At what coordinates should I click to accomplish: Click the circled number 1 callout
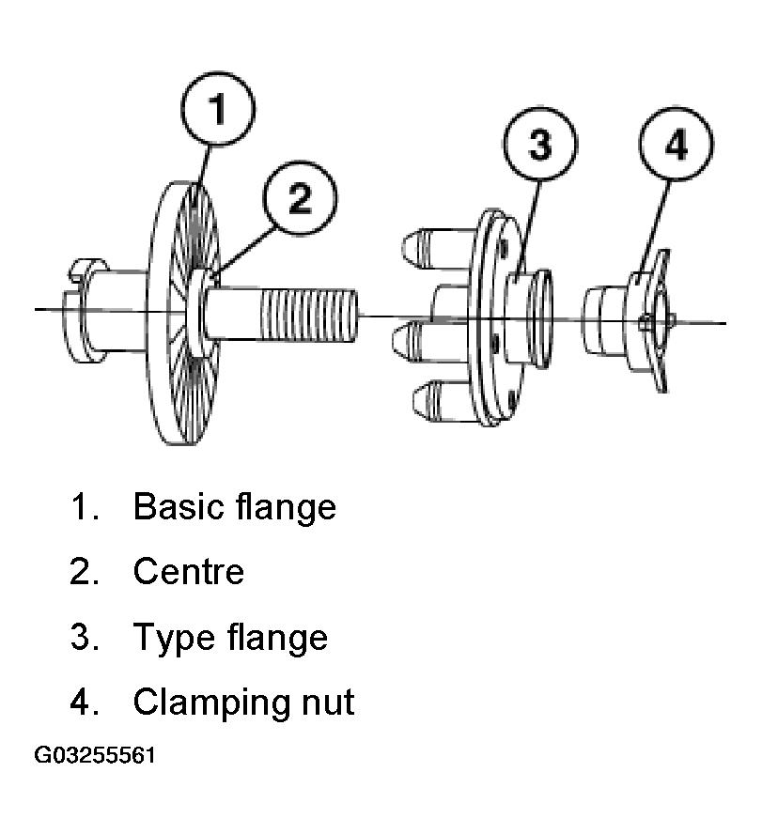point(218,109)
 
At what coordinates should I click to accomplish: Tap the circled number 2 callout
point(300,198)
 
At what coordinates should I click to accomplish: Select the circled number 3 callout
point(540,145)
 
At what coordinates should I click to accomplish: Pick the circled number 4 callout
point(676,145)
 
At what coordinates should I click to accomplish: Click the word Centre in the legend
point(188,571)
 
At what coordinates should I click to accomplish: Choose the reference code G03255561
point(94,755)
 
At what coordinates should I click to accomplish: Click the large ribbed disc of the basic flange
point(183,313)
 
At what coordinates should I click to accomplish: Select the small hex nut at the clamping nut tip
point(645,322)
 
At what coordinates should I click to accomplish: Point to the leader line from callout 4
point(655,225)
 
